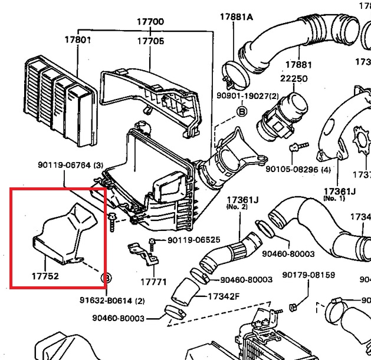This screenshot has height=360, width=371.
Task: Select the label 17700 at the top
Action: pyautogui.click(x=150, y=22)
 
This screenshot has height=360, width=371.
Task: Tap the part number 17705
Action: pyautogui.click(x=150, y=41)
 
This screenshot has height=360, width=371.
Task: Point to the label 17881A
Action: pyautogui.click(x=237, y=16)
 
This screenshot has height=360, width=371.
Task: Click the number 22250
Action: pyautogui.click(x=294, y=78)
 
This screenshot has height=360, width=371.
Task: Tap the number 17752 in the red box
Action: pyautogui.click(x=45, y=275)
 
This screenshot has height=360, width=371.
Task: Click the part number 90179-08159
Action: pyautogui.click(x=308, y=275)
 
